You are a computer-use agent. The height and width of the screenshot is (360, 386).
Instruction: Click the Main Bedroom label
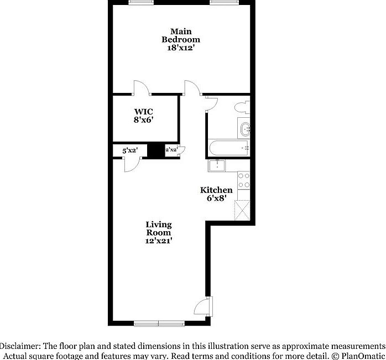181,35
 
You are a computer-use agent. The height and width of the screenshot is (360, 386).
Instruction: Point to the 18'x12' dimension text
181,48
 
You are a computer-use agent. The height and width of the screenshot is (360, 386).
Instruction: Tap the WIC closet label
143,111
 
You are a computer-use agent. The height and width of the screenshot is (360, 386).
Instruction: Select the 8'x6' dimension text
143,119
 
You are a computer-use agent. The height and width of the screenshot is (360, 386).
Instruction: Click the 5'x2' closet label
130,150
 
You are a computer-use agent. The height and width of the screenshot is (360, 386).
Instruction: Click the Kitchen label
216,190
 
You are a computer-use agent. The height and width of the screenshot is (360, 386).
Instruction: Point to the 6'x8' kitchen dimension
216,199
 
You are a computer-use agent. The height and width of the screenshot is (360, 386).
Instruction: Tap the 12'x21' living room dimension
159,241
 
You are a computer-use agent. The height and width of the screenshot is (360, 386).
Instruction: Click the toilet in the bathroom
242,107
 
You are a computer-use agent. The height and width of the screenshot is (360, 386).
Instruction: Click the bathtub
229,148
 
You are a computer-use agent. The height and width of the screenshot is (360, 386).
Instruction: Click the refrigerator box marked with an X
244,210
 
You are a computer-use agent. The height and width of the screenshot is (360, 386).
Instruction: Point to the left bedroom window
142,2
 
